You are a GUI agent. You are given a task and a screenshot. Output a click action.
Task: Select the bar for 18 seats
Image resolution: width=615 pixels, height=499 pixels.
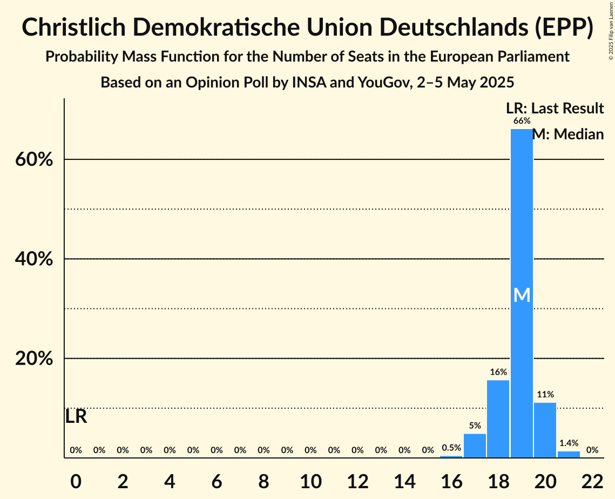(x=498, y=419)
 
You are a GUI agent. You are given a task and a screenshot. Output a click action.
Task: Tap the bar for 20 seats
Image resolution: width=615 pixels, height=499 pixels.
(x=545, y=430)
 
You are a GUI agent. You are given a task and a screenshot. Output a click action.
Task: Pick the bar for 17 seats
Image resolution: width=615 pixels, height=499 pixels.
(x=475, y=446)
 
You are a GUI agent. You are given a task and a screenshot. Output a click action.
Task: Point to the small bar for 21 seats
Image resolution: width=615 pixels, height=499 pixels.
(x=569, y=454)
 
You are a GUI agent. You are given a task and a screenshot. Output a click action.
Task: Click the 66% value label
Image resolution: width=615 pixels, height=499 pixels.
(x=522, y=121)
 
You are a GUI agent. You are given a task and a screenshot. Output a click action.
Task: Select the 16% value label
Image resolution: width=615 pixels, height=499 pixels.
(x=498, y=372)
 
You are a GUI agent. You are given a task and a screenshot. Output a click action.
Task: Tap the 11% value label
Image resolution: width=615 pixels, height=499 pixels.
(x=545, y=395)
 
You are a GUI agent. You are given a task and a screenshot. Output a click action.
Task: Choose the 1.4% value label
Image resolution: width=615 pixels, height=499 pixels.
(x=569, y=443)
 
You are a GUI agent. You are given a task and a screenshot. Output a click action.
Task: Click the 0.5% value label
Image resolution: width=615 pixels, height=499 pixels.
(x=451, y=448)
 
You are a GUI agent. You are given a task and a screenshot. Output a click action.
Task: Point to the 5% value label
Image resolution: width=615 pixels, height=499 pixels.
(x=475, y=426)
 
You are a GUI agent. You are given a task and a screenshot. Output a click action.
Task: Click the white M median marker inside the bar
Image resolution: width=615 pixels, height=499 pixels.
(x=522, y=295)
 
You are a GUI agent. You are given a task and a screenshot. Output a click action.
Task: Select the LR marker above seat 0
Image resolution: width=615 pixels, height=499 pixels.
(x=76, y=416)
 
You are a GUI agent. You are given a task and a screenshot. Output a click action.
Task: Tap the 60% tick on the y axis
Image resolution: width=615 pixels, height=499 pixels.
(x=34, y=160)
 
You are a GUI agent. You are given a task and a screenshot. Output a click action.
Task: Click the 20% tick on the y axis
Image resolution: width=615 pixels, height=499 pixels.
(x=34, y=359)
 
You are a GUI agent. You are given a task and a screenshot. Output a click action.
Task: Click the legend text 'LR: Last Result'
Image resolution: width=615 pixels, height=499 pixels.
(x=555, y=109)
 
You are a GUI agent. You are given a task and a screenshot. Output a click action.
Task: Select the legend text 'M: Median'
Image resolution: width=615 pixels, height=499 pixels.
(x=568, y=134)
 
